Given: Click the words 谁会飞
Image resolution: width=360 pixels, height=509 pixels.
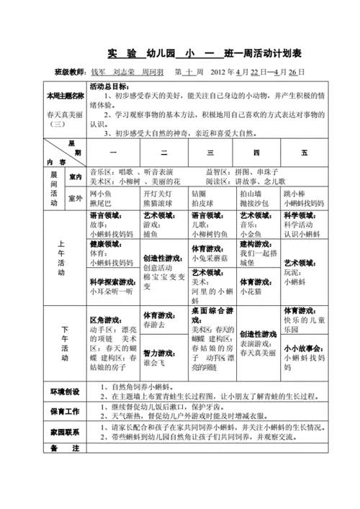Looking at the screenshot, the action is [x=156, y=364].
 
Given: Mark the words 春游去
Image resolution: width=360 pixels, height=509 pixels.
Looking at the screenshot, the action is [x=156, y=325].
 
